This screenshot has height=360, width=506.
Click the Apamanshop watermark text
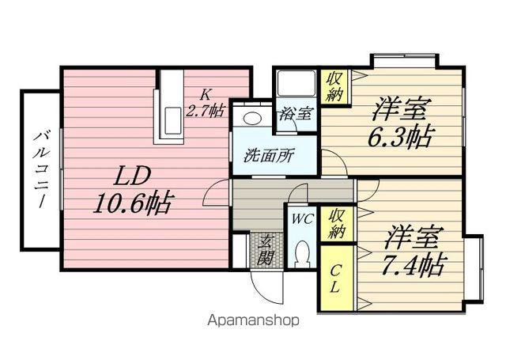point(253,320)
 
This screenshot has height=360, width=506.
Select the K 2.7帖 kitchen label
point(206,103)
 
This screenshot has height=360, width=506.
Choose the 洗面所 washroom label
point(268,156)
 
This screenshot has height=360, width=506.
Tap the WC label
point(302,219)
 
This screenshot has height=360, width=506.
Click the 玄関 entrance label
point(266,249)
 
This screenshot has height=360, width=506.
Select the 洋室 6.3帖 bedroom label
point(400,123)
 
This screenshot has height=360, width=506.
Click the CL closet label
point(335,279)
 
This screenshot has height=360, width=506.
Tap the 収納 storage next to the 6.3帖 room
point(334,86)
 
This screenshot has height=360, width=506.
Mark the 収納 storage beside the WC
point(337,223)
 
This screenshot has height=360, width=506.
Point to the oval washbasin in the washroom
point(253,118)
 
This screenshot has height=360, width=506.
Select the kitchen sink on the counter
point(172,120)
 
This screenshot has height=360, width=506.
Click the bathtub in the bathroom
point(296,83)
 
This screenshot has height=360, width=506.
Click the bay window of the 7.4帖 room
point(474,269)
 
